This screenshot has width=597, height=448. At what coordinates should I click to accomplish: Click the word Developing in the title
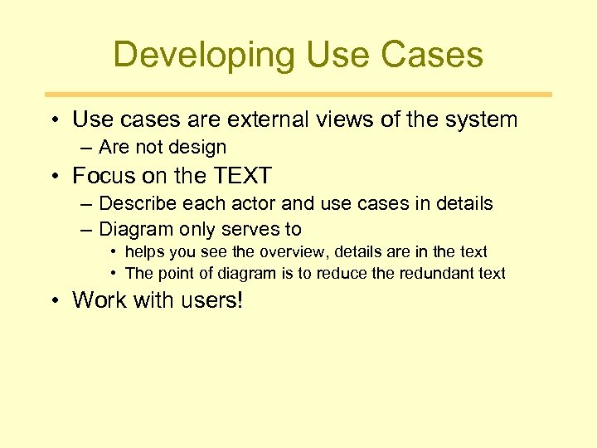click(203, 56)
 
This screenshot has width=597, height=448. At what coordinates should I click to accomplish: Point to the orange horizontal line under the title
click(298, 95)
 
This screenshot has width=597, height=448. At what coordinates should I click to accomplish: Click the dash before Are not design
click(87, 148)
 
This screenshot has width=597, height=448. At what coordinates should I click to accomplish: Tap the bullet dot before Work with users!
click(54, 300)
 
